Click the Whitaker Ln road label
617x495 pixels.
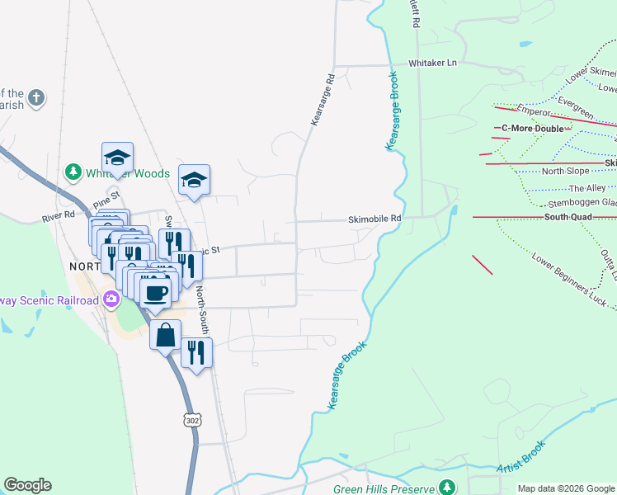click(433, 63)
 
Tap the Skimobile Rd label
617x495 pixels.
click(374, 219)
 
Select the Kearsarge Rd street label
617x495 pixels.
click(323, 100)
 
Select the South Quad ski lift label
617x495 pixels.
click(568, 217)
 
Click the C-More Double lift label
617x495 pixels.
click(533, 129)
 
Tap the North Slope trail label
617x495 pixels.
click(565, 172)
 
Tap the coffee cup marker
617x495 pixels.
click(155, 291)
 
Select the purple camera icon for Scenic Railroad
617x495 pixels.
click(110, 299)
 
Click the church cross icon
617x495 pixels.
click(35, 99)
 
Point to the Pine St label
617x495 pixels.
click(106, 199)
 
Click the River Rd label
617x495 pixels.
click(59, 217)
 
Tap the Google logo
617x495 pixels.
click(27, 485)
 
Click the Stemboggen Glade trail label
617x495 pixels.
click(582, 201)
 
